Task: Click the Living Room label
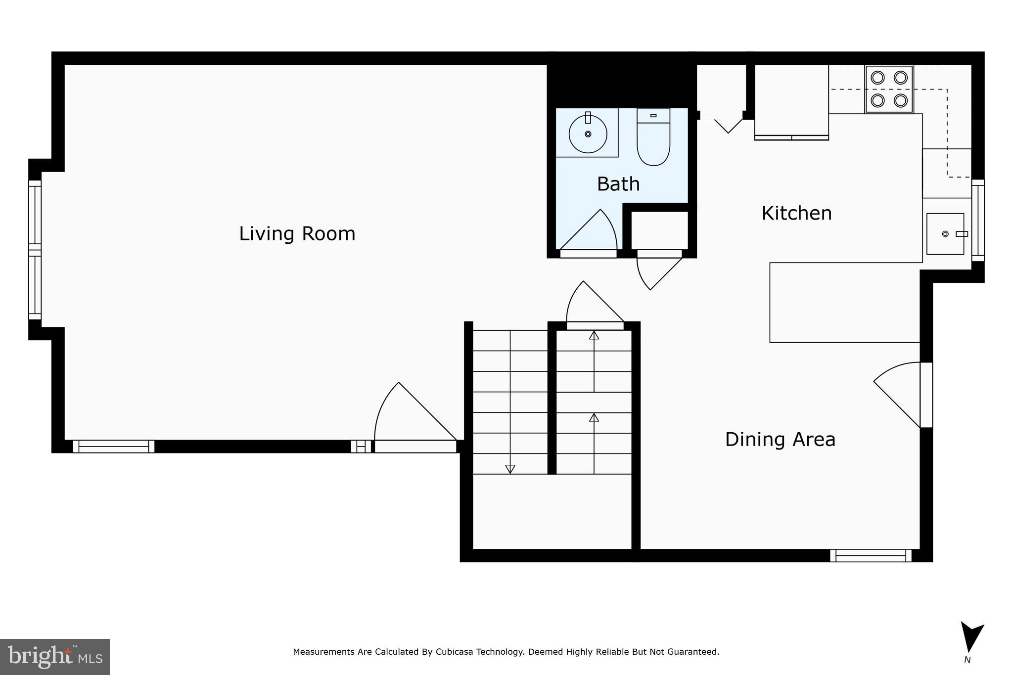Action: [297, 234]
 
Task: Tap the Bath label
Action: [618, 184]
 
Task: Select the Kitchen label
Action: [796, 213]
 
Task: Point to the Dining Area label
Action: [780, 439]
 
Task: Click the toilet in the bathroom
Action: [653, 138]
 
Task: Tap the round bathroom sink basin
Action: [588, 134]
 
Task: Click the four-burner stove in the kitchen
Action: [889, 89]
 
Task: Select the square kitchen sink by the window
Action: [945, 234]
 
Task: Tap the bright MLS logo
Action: [54, 657]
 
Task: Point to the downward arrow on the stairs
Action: [510, 469]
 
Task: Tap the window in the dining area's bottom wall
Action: [871, 555]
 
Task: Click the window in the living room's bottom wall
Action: [114, 447]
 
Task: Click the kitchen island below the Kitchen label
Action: [844, 302]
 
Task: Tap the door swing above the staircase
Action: [591, 304]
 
